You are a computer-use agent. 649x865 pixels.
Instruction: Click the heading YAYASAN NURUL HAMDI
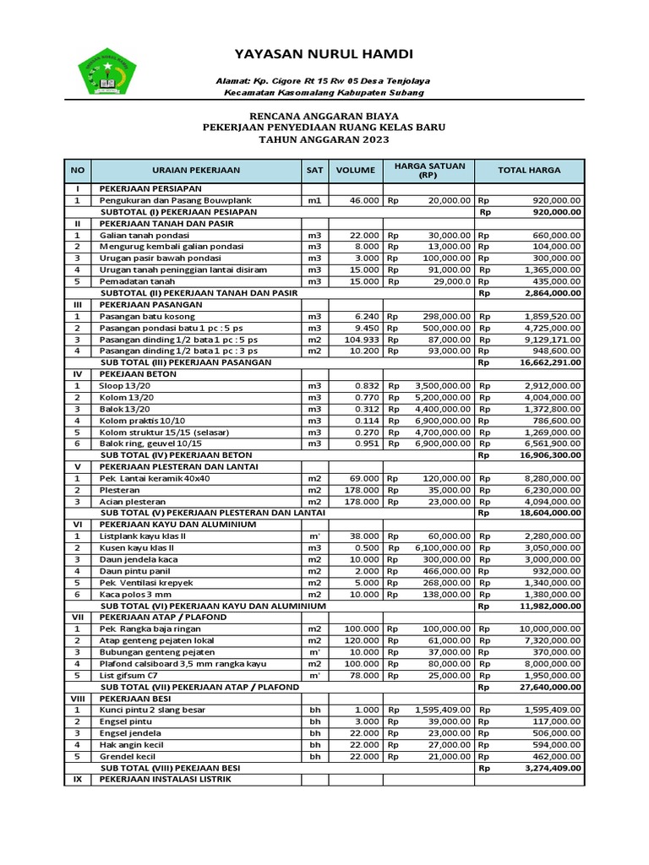coord(324,54)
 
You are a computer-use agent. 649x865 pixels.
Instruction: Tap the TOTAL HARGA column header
coord(529,170)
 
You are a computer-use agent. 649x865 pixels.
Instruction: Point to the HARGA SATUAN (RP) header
coord(429,170)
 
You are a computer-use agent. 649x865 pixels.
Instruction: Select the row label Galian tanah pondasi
coord(144,234)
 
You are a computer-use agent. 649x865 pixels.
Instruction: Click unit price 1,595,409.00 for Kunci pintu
coord(442,710)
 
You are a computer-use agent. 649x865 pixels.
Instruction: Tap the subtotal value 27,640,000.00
coord(545,687)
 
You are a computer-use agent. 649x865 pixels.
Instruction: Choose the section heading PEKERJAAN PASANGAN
coord(150,303)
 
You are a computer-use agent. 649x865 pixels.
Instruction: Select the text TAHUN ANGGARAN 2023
coord(324,139)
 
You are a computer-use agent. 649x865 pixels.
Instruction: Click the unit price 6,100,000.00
coord(442,547)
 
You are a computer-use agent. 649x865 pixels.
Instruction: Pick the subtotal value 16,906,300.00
coord(545,454)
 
